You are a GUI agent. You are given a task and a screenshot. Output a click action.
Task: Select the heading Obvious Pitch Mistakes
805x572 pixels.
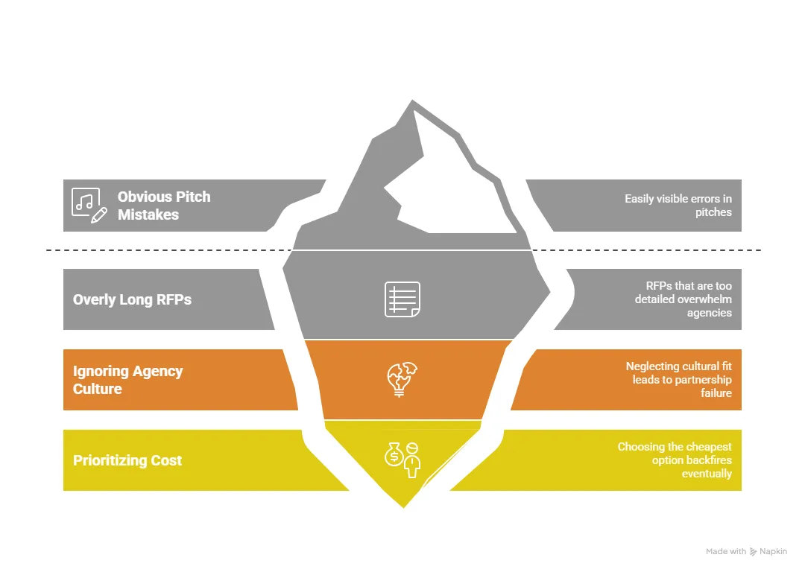click(x=164, y=206)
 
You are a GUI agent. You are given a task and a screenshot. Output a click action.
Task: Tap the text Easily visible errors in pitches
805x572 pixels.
click(x=678, y=206)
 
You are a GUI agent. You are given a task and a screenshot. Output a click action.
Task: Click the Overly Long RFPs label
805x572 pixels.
click(x=132, y=299)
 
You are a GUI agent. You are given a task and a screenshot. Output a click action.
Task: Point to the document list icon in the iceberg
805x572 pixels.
click(x=402, y=299)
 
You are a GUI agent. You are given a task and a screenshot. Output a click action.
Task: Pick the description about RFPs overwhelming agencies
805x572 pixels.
click(x=683, y=299)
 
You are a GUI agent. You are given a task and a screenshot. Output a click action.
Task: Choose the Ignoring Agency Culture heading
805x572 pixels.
click(x=127, y=380)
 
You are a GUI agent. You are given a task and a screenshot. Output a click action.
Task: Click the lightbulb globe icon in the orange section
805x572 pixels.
click(x=402, y=379)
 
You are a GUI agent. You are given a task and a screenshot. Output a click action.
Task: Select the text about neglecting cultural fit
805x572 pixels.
click(x=678, y=380)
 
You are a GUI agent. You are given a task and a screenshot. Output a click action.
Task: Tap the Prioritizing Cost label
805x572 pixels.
click(x=127, y=460)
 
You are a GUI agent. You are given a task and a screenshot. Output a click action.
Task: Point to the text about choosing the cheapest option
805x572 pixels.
click(x=675, y=460)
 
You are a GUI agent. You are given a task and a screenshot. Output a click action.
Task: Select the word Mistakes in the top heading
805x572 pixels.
click(x=148, y=214)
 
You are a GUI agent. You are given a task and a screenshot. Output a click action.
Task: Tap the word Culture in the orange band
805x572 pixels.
click(x=97, y=389)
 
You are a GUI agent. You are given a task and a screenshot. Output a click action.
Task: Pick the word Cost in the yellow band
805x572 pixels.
click(x=165, y=460)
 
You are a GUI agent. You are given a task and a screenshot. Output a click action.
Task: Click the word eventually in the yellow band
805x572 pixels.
click(x=707, y=474)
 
